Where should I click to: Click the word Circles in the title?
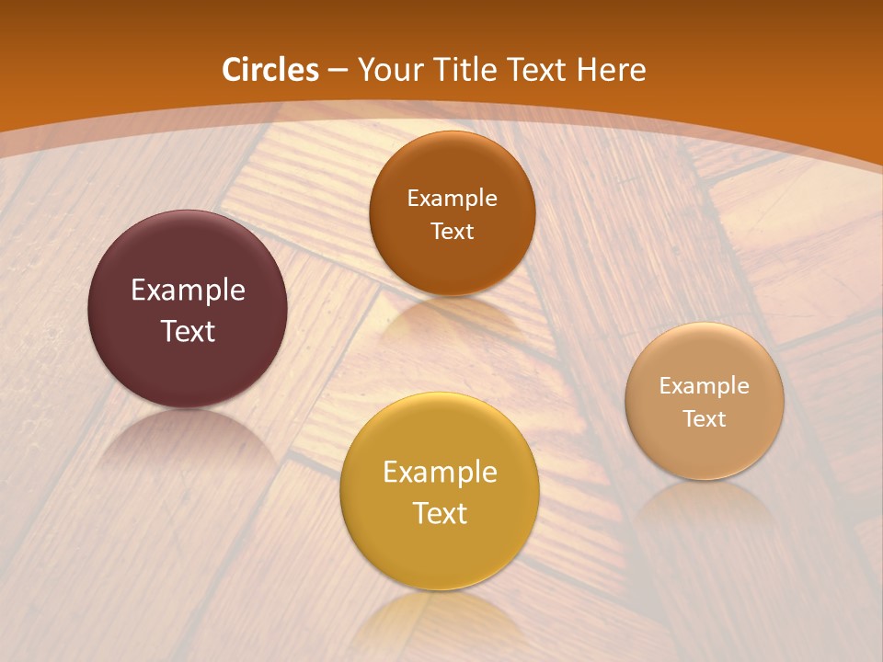pos(270,70)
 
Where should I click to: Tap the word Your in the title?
pos(385,70)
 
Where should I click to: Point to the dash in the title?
pos(338,71)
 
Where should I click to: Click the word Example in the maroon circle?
pos(188,291)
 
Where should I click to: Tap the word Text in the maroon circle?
pos(188,331)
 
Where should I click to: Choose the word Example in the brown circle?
pos(452,199)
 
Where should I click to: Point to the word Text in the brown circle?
pos(452,231)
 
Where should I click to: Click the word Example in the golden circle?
pos(440,473)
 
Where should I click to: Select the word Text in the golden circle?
pos(440,513)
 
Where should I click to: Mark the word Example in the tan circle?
pos(705,386)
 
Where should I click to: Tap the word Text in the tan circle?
pos(705,419)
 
